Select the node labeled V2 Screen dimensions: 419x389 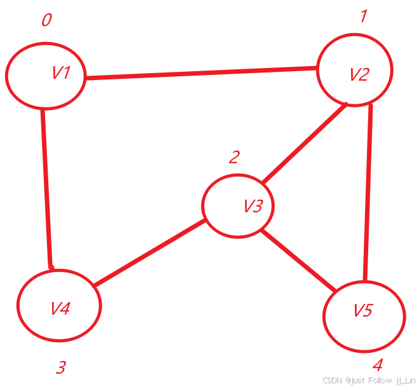[355, 71]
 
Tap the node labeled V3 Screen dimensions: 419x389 [238, 206]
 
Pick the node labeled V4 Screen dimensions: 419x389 [59, 306]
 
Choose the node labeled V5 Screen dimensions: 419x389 [364, 315]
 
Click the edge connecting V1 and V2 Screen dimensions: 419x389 [201, 72]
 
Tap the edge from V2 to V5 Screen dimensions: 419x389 [368, 191]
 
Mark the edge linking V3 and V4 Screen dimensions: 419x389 [149, 253]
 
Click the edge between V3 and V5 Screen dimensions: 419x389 [298, 261]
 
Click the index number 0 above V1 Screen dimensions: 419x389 [46, 20]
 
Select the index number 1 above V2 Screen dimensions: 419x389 [363, 16]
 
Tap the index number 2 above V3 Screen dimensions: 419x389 [234, 157]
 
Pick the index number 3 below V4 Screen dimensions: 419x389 [61, 367]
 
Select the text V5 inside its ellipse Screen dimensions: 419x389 [364, 310]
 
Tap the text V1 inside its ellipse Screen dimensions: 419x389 [61, 73]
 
